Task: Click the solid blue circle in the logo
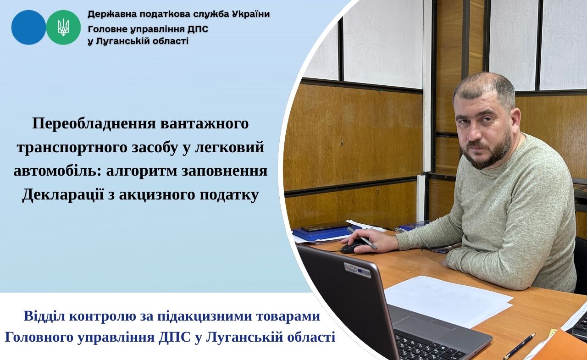click(28, 27)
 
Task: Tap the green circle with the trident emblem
click(63, 27)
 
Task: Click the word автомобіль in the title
click(58, 171)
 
